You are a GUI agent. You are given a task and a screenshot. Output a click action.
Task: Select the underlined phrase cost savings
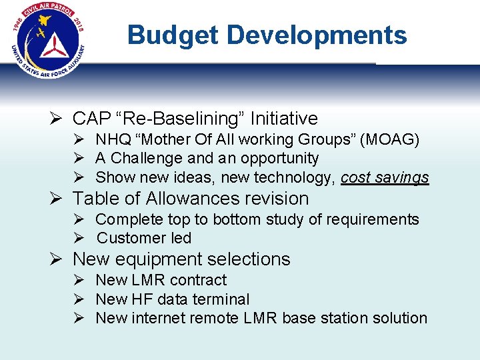click(385, 177)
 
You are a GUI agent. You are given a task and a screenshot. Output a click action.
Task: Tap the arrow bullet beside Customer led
click(78, 238)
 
